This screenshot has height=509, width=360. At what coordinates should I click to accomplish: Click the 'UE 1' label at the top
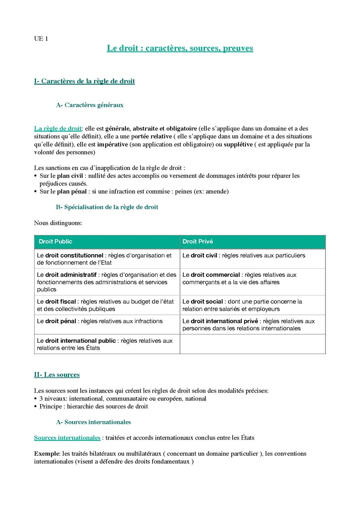coord(41,39)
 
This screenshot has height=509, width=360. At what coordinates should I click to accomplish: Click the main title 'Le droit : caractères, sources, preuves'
coord(180,48)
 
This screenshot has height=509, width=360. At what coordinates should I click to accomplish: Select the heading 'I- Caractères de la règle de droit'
coord(84,81)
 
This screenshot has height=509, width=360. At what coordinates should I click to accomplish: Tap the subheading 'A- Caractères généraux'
coord(90,105)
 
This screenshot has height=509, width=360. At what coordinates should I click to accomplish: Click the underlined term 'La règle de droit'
coord(58,129)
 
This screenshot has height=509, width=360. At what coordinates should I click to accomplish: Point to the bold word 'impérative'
coord(112,145)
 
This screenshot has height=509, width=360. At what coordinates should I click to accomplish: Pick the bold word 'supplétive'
coord(238,145)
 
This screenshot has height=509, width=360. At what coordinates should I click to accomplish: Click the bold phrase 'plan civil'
coord(70,176)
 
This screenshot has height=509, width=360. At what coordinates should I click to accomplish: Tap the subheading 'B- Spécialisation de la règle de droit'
coord(107,207)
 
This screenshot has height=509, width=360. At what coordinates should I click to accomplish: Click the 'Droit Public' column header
coord(55,242)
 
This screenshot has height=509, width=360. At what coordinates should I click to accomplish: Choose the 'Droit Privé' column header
coord(198,242)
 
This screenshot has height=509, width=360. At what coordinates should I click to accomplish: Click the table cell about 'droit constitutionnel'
coord(107,259)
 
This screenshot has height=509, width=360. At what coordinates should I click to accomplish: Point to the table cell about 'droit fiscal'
coord(107,305)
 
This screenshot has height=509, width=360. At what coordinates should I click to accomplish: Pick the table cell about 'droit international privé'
coord(252,324)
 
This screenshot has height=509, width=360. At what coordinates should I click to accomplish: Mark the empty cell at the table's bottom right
coord(252,344)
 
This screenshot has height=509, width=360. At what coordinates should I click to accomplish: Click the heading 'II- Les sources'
coord(57,375)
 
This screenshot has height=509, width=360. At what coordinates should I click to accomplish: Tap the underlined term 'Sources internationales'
coord(67,438)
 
